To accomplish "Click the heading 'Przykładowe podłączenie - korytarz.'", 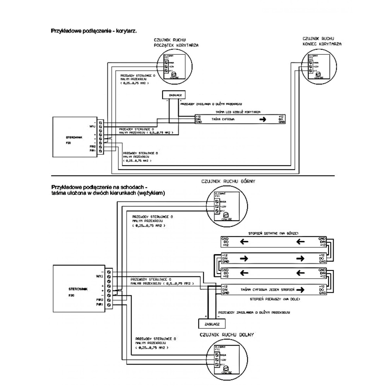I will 93,30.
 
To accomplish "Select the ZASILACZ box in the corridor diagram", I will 173,94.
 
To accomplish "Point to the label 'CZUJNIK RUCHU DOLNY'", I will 226,334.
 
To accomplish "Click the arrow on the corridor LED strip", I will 263,120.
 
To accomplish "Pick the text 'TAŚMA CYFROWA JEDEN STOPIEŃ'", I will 268,289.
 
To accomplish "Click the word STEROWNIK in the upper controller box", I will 74,137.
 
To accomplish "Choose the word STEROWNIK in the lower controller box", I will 75,289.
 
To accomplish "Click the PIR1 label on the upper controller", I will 92,151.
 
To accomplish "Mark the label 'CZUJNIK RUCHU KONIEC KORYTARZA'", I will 322,41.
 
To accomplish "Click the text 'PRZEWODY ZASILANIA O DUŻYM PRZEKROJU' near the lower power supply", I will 254,312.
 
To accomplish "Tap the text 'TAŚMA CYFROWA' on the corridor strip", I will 222,120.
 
